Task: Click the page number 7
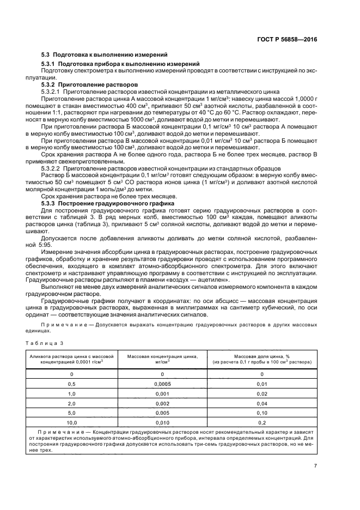(x=315, y=465)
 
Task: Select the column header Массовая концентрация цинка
(x=163, y=357)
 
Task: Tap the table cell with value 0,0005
(x=163, y=384)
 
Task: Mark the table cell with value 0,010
(x=163, y=422)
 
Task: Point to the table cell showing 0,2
(x=262, y=422)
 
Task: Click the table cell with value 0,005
(x=163, y=412)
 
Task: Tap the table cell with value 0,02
(x=262, y=393)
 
